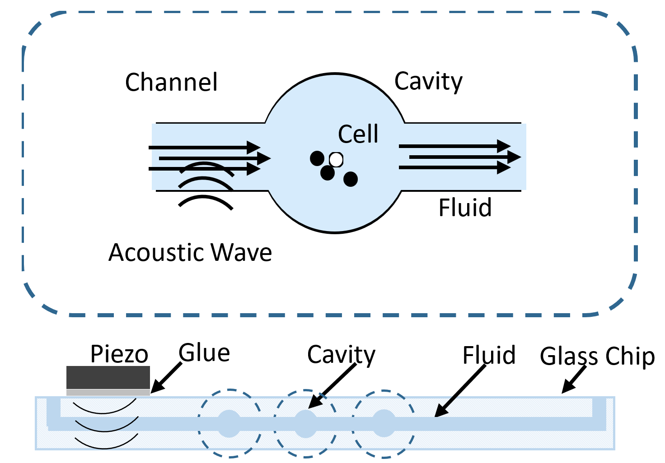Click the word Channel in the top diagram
click(171, 83)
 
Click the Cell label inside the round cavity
click(358, 134)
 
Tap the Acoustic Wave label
click(190, 252)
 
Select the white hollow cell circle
click(336, 159)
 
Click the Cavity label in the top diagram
click(428, 82)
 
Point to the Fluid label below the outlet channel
click(465, 208)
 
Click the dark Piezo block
click(108, 377)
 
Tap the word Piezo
click(119, 354)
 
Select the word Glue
click(204, 353)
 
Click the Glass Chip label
click(597, 357)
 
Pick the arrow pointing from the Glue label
click(166, 378)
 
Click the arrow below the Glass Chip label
click(574, 380)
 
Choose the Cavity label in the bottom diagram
click(341, 355)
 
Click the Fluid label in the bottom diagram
click(489, 356)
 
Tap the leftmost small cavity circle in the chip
click(229, 423)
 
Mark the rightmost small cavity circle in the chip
click(384, 423)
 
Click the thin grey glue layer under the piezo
click(108, 393)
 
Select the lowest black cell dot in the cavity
click(351, 179)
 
